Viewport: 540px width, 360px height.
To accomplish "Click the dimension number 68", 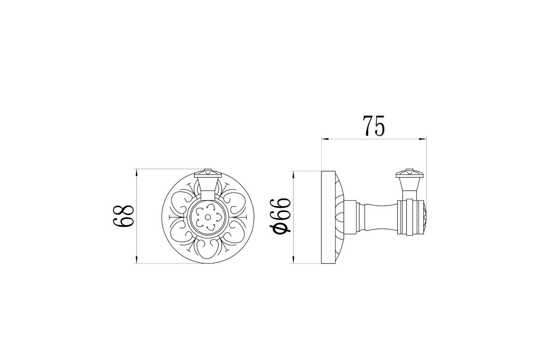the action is pyautogui.click(x=123, y=216).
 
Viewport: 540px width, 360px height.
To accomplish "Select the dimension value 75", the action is pyautogui.click(x=373, y=126).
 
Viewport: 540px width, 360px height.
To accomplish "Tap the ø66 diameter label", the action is pyautogui.click(x=280, y=215).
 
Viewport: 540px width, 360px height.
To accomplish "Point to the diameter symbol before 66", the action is pyautogui.click(x=280, y=228).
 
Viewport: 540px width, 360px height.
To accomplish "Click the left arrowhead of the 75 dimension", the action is pyautogui.click(x=325, y=139).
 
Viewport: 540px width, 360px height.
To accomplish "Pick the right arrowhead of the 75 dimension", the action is pyautogui.click(x=423, y=139).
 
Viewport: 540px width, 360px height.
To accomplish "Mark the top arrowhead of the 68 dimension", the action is pyautogui.click(x=137, y=173).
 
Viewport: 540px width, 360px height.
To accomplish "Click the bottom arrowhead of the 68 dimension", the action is pyautogui.click(x=137, y=260).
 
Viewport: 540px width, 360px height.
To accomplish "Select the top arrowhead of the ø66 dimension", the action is pyautogui.click(x=293, y=175).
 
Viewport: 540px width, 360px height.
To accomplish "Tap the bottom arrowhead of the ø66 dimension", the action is pyautogui.click(x=293, y=260).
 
